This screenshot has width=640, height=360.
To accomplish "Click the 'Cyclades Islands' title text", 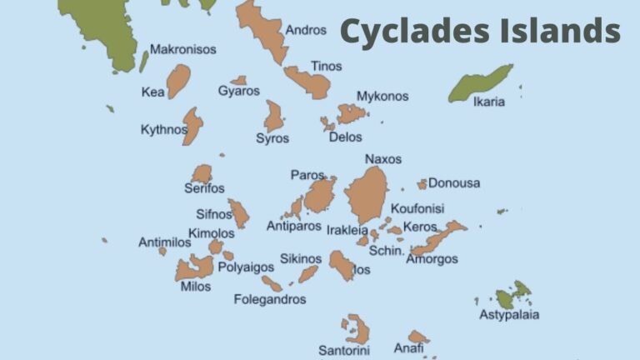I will (x=480, y=32).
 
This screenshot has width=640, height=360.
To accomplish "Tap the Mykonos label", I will (x=382, y=96).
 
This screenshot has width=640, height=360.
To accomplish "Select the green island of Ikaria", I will (x=480, y=84).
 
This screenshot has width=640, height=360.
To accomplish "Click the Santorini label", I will (x=343, y=350).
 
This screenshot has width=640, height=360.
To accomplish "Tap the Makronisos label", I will (x=182, y=49).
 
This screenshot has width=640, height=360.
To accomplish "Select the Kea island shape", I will (x=178, y=81).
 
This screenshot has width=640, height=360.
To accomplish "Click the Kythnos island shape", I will (x=193, y=125).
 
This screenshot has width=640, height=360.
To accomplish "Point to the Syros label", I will (x=272, y=138).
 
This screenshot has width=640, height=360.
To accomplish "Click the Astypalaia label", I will (x=508, y=315).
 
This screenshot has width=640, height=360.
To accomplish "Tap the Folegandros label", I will (x=269, y=299).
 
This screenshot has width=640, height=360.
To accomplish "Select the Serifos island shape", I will (x=202, y=173).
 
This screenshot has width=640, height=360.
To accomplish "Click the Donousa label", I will (x=454, y=182).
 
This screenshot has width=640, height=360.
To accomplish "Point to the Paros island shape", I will (x=319, y=195).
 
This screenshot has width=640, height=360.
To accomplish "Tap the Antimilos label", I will (x=164, y=242).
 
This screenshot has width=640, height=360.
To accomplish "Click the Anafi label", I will (x=408, y=348).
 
